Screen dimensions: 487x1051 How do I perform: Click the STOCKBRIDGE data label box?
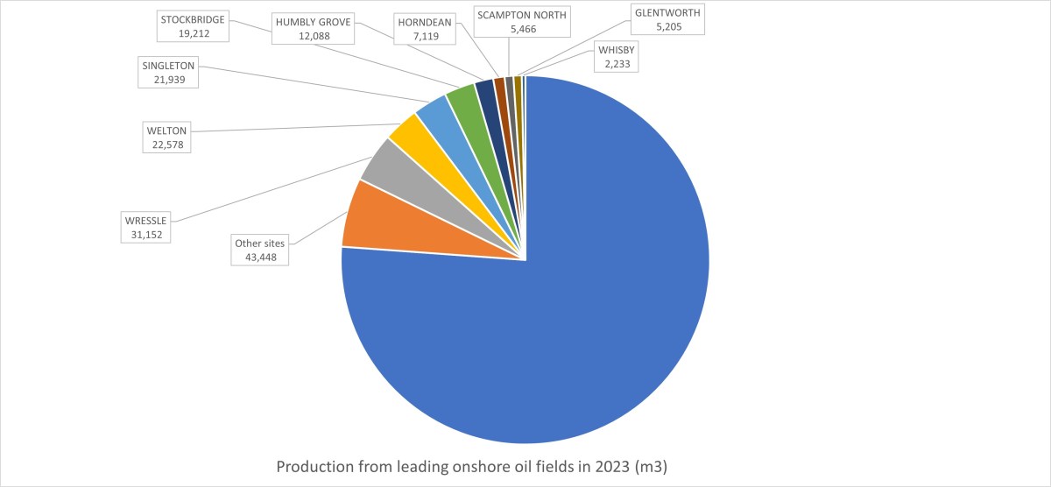(192, 25)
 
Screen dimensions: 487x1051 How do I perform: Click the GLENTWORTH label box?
(667, 19)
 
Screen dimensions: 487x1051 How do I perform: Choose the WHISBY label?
(616, 56)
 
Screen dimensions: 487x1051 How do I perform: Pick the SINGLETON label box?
(168, 72)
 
